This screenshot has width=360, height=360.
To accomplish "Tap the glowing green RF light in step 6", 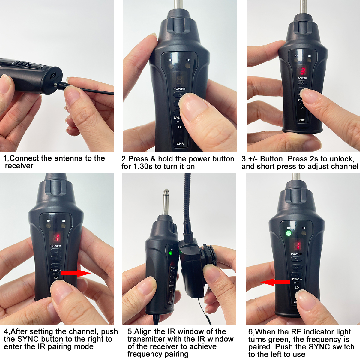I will pos(289,233).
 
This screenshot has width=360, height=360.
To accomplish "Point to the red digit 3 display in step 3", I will pos(303,71).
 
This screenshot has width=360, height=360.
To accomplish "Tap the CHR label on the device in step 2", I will pos(180,144).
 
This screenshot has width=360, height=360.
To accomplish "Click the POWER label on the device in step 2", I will pos(179,89).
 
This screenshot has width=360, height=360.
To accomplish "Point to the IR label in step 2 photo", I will pos(188,61).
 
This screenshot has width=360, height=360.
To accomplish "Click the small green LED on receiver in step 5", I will pos(171,253).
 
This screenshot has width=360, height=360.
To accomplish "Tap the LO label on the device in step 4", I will pos(56,277).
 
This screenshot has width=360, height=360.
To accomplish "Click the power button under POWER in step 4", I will pos(56,251).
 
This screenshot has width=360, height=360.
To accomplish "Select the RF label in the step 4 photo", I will pos(49,221).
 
